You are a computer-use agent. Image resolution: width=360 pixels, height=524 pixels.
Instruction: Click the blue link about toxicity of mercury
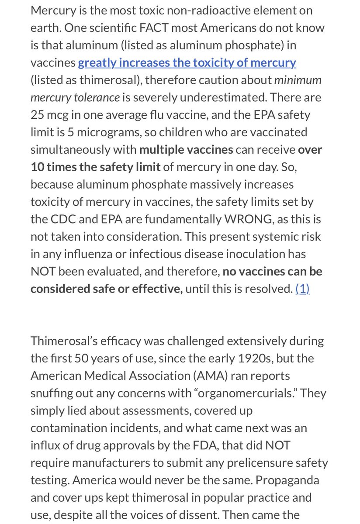point(187,62)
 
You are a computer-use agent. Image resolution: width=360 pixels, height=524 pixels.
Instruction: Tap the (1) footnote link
point(302,289)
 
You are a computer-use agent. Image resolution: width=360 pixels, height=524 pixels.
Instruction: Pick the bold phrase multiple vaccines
point(186,149)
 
